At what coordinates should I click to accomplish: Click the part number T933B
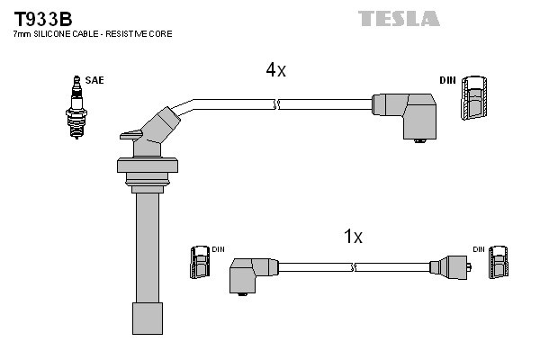click(43, 18)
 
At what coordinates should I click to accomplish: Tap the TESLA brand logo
click(399, 18)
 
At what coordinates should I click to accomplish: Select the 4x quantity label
click(275, 69)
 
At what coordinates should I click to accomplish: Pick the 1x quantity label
click(353, 237)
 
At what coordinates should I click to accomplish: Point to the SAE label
click(94, 81)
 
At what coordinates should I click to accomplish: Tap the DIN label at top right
click(447, 81)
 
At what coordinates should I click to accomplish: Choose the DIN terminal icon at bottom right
click(498, 265)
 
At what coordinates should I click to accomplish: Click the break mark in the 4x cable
click(278, 105)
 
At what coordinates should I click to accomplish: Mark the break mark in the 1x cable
click(355, 267)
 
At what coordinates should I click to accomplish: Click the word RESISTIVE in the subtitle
click(134, 33)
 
